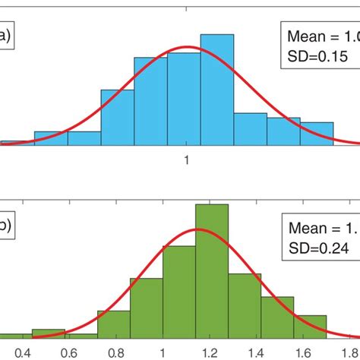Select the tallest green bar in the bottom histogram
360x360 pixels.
click(x=211, y=270)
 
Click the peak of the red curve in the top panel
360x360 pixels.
click(x=187, y=48)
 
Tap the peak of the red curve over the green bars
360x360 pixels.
click(x=199, y=229)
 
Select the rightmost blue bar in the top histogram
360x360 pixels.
click(x=317, y=132)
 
